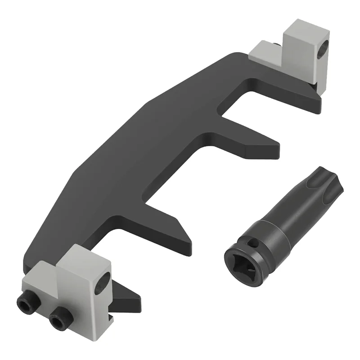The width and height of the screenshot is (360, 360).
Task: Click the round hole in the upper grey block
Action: coord(322,54)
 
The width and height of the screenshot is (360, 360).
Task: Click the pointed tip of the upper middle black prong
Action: coord(275,147)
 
